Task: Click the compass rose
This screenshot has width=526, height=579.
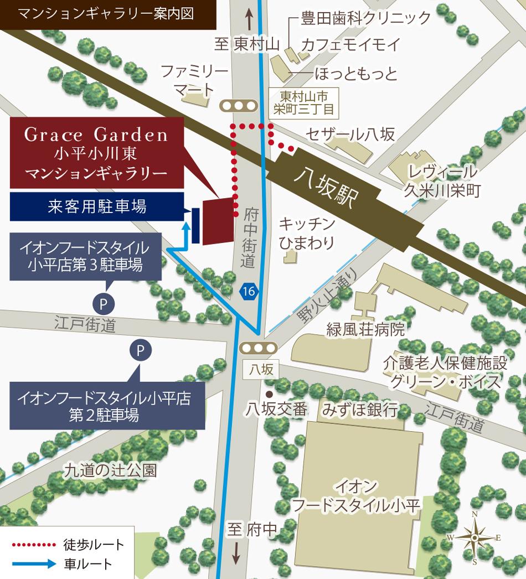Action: (475, 537)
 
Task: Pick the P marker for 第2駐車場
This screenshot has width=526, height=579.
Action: (140, 350)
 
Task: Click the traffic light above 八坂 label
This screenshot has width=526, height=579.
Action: (257, 348)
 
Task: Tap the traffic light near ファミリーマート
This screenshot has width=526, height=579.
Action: (239, 105)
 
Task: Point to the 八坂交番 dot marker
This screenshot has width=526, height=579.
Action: (269, 394)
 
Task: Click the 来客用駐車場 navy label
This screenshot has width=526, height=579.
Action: (97, 207)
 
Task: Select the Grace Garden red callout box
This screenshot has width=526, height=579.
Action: (97, 153)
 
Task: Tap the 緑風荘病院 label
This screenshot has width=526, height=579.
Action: (365, 330)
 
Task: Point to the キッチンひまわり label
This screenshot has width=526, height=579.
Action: (307, 232)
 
